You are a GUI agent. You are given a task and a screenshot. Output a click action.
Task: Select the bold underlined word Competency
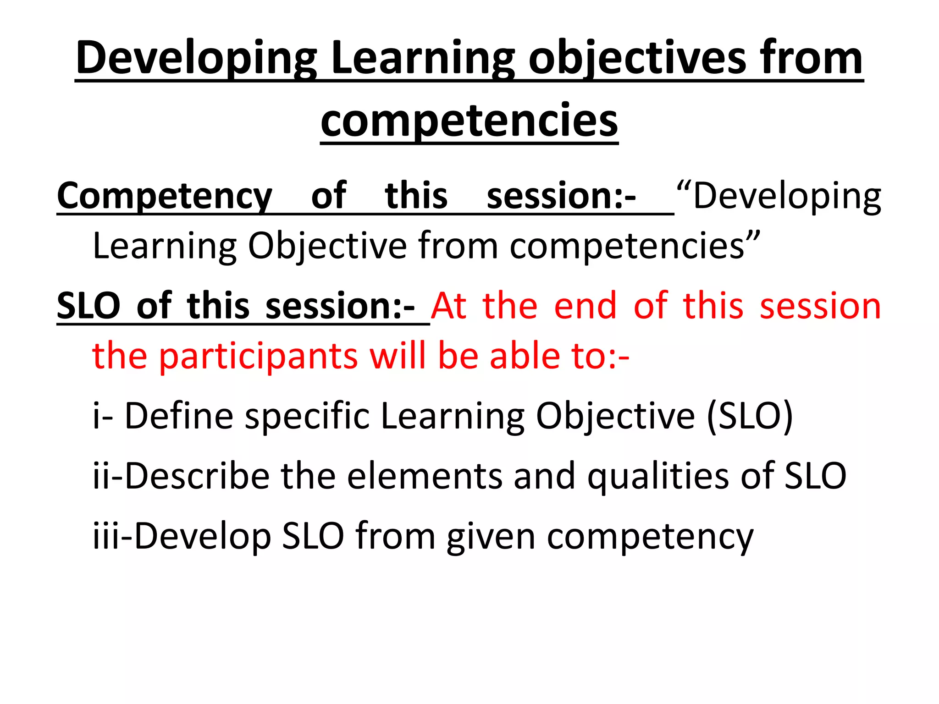[165, 196]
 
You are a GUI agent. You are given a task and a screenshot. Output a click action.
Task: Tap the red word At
[449, 306]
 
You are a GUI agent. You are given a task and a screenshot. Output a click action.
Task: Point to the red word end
[585, 306]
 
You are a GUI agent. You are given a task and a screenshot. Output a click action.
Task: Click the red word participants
[258, 357]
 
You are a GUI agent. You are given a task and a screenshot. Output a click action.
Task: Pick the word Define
[179, 416]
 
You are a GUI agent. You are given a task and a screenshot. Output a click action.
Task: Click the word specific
[307, 416]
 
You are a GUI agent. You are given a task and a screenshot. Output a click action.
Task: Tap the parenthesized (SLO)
[750, 416]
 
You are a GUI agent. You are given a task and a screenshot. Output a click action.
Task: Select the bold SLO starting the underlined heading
[88, 306]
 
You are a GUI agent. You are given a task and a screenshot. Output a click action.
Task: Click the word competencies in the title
[469, 120]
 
